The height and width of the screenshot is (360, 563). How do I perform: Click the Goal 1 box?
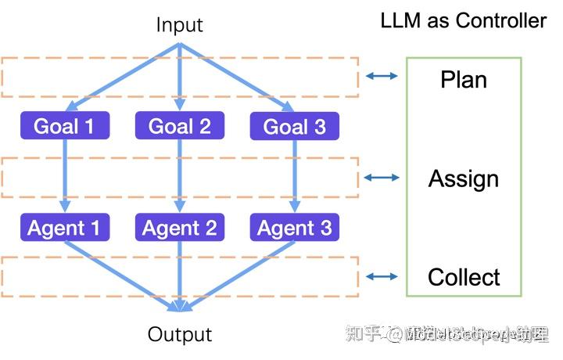click(66, 126)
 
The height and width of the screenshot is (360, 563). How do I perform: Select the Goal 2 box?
click(180, 126)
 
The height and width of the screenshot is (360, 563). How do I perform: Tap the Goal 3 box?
click(294, 126)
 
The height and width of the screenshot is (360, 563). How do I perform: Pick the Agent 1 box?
click(66, 228)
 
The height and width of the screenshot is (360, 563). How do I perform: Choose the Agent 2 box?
click(180, 228)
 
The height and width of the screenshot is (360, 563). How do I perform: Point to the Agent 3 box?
click(294, 228)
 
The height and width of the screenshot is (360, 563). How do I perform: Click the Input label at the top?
click(180, 24)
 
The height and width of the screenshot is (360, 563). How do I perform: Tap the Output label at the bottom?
click(180, 335)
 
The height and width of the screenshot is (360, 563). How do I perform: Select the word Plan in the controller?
click(464, 80)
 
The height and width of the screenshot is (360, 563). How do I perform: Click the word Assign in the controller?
click(464, 179)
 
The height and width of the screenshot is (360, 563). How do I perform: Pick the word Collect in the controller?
click(464, 277)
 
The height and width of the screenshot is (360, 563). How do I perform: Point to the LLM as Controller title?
click(464, 20)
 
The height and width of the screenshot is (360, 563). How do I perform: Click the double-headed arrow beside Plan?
click(382, 76)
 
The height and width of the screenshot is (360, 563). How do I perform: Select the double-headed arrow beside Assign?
click(382, 178)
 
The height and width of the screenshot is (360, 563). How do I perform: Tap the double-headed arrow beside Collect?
click(382, 276)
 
